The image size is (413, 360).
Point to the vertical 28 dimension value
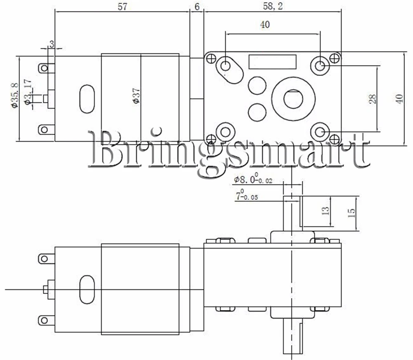[x=373, y=99]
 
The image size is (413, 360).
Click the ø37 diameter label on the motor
[x=137, y=96]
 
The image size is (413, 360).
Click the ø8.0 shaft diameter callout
[x=252, y=180]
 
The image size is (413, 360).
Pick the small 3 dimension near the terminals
[x=52, y=44]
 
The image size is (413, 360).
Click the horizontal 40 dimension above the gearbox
[x=265, y=25]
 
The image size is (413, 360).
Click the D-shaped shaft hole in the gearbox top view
[x=293, y=99]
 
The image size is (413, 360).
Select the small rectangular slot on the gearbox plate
[x=273, y=62]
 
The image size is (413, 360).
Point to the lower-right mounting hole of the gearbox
[x=320, y=132]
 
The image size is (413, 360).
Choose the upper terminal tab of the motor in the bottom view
[x=46, y=258]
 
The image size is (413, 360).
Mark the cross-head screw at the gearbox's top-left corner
[x=211, y=59]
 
